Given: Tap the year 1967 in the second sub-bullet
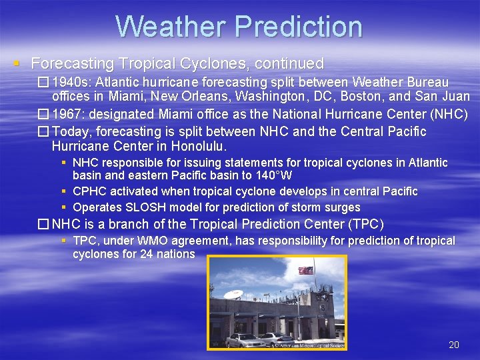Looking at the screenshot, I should (67, 114).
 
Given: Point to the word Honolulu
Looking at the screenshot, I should (199, 145).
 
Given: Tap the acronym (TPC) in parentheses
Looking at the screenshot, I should (365, 224).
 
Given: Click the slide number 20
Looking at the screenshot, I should (454, 345).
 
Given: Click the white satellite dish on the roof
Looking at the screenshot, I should (233, 294).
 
